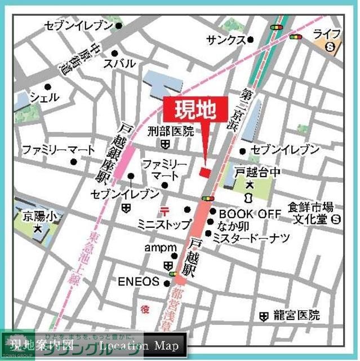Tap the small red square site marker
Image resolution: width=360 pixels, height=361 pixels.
click(206, 171)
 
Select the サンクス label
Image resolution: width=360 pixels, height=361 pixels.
click(226, 40)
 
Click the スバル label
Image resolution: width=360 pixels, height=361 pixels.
click(119, 64)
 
